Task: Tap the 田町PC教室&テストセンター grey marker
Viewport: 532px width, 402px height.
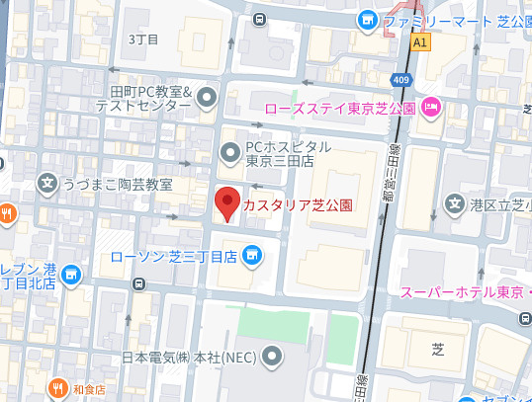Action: click(207, 97)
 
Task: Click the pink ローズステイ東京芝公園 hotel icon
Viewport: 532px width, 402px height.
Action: click(431, 107)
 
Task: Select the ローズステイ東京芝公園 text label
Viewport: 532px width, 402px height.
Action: click(353, 107)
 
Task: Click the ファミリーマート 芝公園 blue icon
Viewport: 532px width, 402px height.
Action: click(368, 19)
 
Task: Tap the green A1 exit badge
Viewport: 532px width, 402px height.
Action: click(422, 42)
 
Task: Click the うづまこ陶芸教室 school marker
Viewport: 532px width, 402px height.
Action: click(46, 184)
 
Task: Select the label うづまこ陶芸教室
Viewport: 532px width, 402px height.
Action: click(118, 185)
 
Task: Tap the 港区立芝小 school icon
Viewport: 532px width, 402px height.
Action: click(455, 205)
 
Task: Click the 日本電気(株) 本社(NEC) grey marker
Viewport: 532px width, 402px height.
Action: click(272, 356)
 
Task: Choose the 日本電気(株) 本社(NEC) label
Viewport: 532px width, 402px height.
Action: click(189, 357)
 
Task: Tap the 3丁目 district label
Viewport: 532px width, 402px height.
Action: click(144, 39)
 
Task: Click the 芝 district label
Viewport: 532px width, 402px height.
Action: click(438, 348)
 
